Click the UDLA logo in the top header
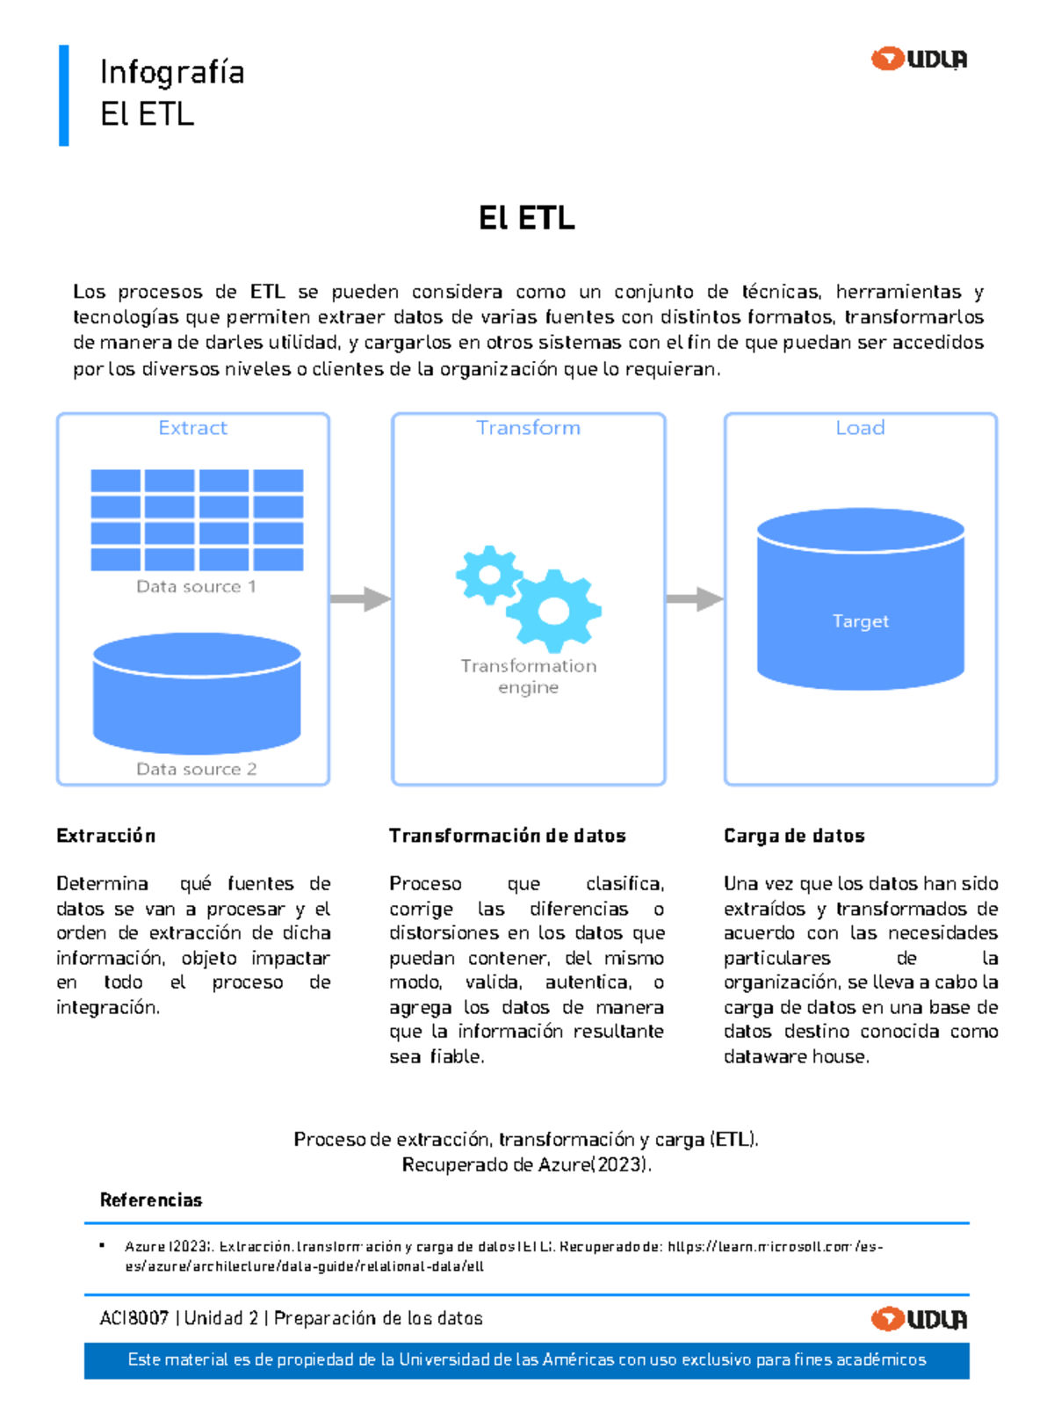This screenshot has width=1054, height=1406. coord(919,59)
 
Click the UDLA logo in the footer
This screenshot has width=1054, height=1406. coord(919,1319)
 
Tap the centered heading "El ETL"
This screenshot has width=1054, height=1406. coord(527,218)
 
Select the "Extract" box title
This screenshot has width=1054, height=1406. coord(192,428)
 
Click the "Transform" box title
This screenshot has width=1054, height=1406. coord(528,428)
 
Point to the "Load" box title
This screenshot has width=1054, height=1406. coord(860,428)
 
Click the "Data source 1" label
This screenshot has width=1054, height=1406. coord(196,586)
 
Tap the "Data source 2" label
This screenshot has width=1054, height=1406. coord(196,769)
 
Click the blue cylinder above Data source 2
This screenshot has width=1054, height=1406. coord(197,693)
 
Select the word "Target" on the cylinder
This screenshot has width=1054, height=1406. coord(861,621)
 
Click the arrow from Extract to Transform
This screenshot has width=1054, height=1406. coord(360,599)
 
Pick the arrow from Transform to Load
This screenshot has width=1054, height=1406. coord(694,599)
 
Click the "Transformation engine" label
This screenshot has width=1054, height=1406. coord(528,676)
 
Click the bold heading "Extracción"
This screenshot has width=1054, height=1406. coord(105,836)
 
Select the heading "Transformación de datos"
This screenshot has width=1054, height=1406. coord(507,836)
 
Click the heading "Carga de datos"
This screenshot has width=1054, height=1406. coord(794,836)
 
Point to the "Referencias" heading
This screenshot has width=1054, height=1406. coord(151,1200)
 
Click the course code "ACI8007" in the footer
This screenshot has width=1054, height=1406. coord(134,1318)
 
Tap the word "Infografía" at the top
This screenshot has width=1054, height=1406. coord(172,72)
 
